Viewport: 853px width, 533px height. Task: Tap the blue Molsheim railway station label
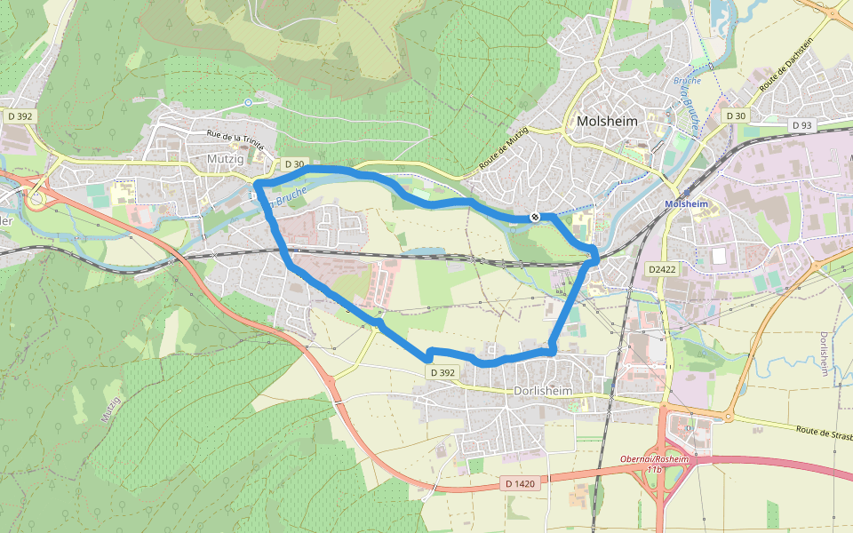(685, 203)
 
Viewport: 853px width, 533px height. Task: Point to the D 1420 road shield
(519, 483)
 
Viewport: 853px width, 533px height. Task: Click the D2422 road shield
(662, 268)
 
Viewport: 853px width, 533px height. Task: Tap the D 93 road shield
(801, 126)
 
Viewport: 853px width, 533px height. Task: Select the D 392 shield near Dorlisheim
(442, 373)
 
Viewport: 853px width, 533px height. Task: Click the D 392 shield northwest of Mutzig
(19, 115)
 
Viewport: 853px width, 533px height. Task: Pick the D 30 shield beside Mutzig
(294, 164)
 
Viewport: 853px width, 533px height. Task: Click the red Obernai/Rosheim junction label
(654, 459)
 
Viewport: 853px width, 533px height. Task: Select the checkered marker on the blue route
(534, 216)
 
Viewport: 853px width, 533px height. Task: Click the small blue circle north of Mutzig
(248, 103)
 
